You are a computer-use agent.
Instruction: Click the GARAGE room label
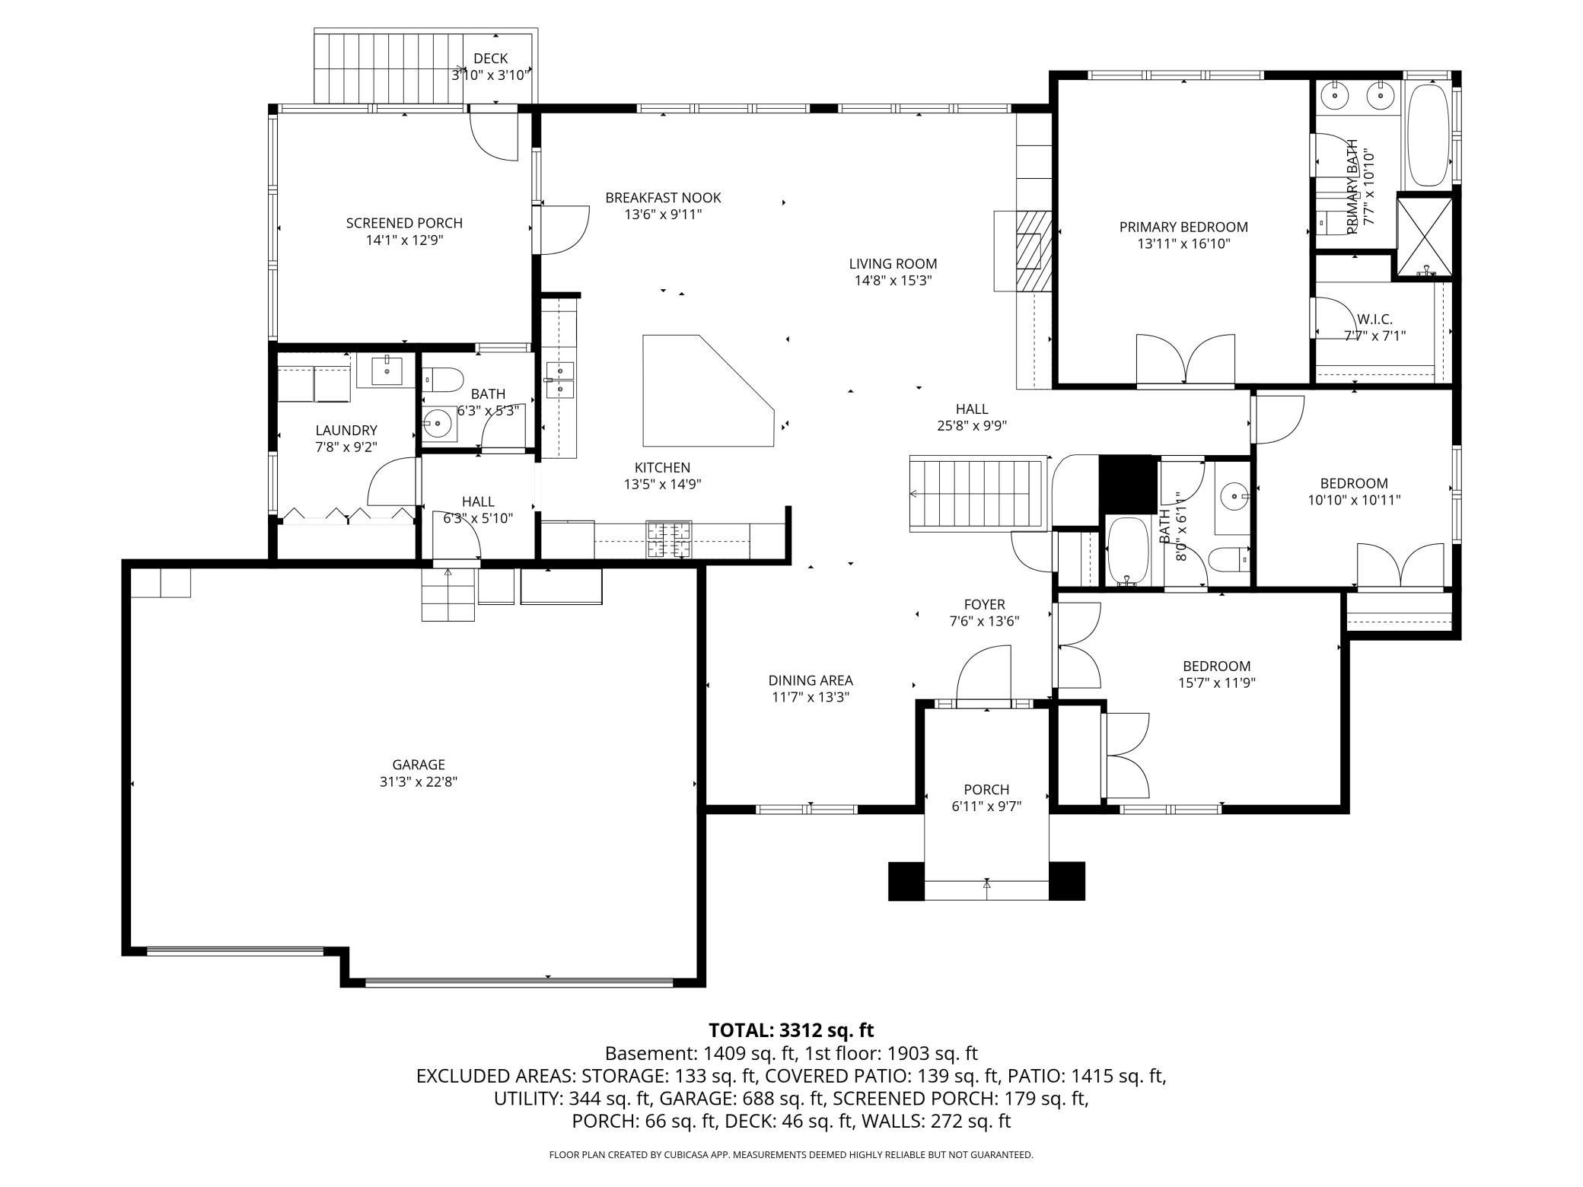419,765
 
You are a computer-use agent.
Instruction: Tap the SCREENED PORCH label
404,223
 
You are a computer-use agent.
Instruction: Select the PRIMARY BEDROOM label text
1183,227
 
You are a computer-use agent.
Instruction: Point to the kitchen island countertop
709,390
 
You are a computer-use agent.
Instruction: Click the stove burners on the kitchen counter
669,539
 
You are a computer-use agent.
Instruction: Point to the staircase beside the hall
978,494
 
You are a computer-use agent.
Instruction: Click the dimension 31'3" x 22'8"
419,781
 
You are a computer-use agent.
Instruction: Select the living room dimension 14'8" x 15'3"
893,280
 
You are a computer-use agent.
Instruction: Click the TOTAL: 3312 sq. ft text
791,1030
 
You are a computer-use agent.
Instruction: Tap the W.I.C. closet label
1374,320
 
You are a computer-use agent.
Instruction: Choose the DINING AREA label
811,680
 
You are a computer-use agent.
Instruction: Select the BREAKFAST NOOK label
663,198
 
